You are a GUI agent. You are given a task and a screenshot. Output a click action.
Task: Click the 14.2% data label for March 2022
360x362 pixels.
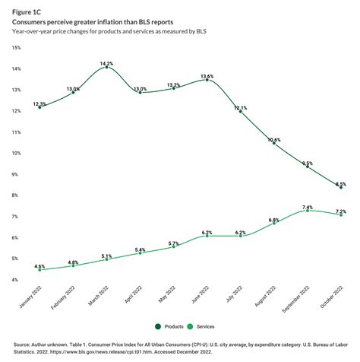coord(106,64)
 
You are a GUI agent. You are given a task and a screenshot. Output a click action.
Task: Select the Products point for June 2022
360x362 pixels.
coord(207,80)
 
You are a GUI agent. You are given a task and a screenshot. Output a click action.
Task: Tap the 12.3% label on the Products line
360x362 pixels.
coord(39,103)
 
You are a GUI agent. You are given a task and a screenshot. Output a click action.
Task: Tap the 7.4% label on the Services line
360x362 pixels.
coord(308,207)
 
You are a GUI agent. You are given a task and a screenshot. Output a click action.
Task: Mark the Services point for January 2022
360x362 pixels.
coord(39,269)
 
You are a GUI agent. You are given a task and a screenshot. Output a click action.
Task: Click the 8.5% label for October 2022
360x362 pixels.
coord(341,183)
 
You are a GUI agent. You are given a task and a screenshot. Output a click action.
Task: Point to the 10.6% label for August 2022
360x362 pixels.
coord(274,140)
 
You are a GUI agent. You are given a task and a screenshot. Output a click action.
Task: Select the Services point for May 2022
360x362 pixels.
coord(173,246)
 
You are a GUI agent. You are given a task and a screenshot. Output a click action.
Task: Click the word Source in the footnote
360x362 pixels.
coord(23,343)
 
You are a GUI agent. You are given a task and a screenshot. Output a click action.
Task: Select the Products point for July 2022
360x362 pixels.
coord(241,111)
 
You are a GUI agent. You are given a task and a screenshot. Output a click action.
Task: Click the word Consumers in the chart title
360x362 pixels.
coord(35,22)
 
